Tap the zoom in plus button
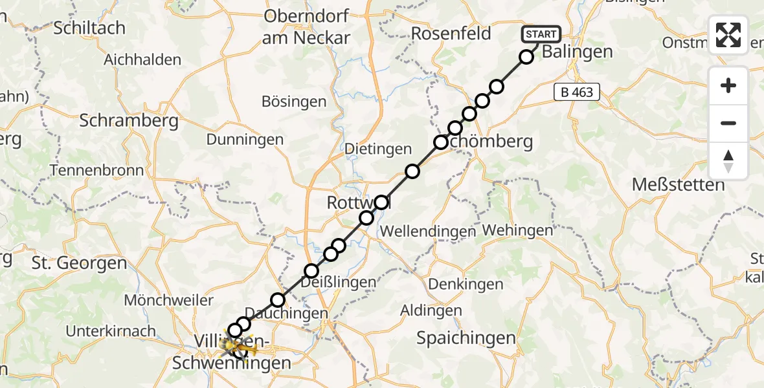click(x=728, y=85)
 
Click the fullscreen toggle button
click(x=728, y=35)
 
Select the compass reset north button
click(x=728, y=161)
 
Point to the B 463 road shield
click(x=577, y=92)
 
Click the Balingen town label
click(x=577, y=52)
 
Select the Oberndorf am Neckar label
click(x=306, y=27)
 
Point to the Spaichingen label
click(x=466, y=337)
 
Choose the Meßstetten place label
click(x=678, y=185)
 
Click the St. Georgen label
click(x=79, y=263)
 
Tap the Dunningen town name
click(x=245, y=139)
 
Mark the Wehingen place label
click(x=517, y=230)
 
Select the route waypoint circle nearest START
click(x=526, y=57)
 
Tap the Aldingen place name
click(x=431, y=310)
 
